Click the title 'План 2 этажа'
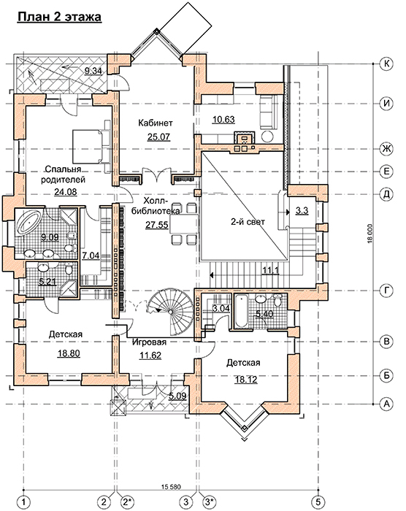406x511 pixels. click(x=59, y=17)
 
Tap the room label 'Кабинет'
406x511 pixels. click(x=156, y=123)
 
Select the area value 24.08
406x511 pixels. click(x=66, y=192)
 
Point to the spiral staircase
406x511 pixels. click(x=170, y=311)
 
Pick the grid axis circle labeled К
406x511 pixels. click(x=386, y=64)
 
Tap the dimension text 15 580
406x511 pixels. click(x=171, y=488)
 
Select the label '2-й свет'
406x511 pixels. click(x=248, y=222)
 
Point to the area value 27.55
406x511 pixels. click(x=157, y=225)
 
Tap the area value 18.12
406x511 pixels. click(x=246, y=380)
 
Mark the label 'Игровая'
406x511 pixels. click(x=150, y=342)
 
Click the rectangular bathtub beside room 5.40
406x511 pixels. click(x=241, y=311)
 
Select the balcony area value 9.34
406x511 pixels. click(x=93, y=71)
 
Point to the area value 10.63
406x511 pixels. click(x=223, y=120)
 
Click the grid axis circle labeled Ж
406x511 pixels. click(x=386, y=149)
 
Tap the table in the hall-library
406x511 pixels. click(x=184, y=224)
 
